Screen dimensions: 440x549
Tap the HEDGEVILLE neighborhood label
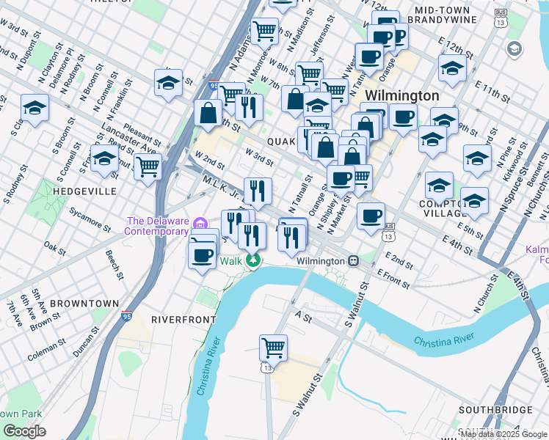point(85,191)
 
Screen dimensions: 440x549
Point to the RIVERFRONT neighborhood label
point(183,320)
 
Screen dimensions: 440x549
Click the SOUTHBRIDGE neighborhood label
point(493,408)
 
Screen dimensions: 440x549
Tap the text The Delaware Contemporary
point(157,226)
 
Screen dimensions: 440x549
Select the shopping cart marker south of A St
point(273,346)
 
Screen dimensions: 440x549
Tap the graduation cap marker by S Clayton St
point(34,108)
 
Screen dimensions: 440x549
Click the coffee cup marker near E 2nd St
point(372,214)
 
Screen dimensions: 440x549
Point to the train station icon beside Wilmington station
point(354,260)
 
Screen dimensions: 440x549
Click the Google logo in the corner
point(24,430)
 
